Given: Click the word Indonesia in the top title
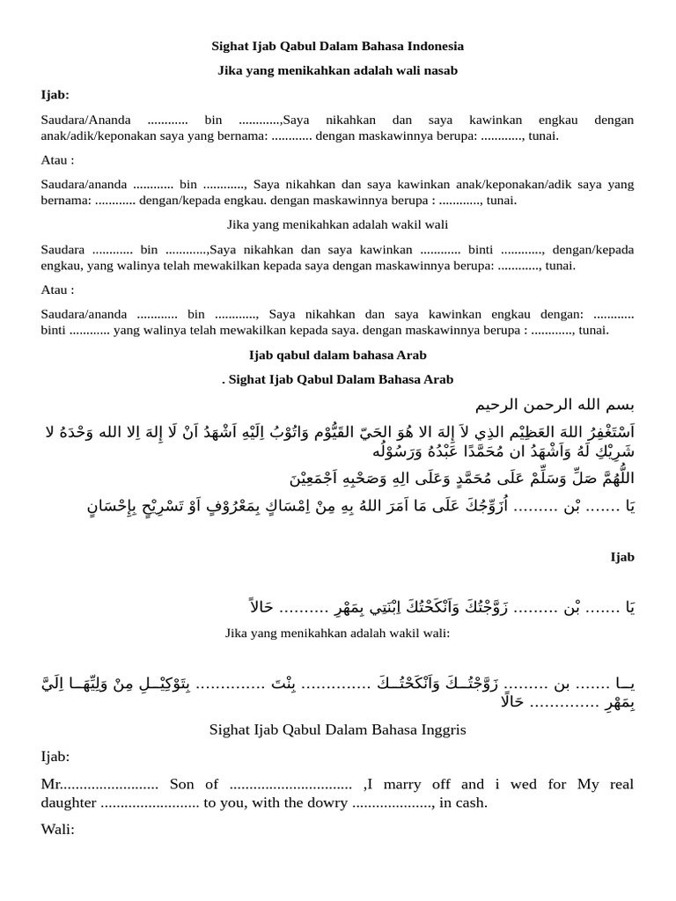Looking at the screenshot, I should pyautogui.click(x=432, y=46).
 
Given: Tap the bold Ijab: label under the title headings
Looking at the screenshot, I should pyautogui.click(x=55, y=95).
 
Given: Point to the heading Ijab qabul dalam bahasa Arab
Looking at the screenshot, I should pyautogui.click(x=338, y=355).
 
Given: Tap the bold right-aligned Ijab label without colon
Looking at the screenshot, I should pyautogui.click(x=622, y=557).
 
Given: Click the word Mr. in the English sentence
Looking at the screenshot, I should pyautogui.click(x=50, y=784).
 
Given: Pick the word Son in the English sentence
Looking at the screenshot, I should pyautogui.click(x=182, y=784).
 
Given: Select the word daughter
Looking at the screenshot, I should pyautogui.click(x=69, y=802).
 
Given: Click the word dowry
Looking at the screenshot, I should pyautogui.click(x=313, y=802).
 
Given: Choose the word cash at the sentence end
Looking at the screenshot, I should pyautogui.click(x=470, y=802).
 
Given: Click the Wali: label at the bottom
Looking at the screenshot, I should pyautogui.click(x=58, y=829).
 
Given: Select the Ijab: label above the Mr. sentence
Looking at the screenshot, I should pyautogui.click(x=55, y=757).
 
